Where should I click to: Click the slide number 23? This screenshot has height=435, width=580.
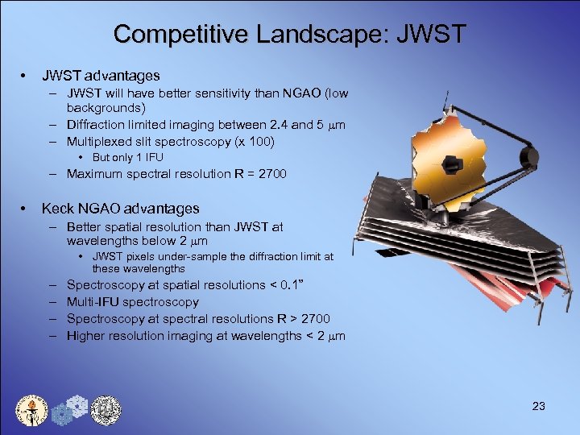[539, 406]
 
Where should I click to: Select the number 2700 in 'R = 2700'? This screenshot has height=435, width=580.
[270, 173]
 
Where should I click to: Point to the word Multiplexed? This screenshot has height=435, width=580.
[101, 141]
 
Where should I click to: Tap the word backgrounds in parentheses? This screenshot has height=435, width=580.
[106, 107]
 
